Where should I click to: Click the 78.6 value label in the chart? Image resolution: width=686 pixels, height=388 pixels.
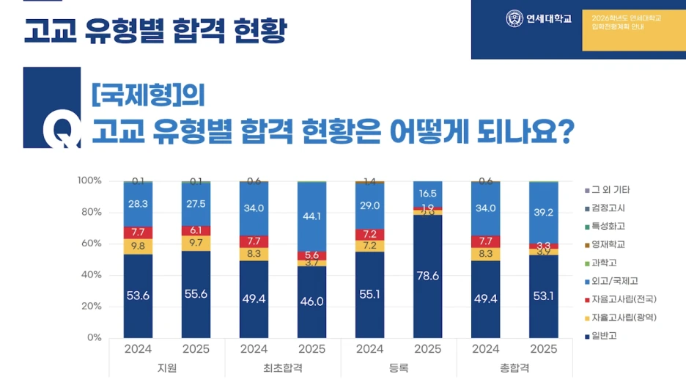point(427,276)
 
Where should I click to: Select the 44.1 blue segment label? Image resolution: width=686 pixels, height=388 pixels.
point(312,216)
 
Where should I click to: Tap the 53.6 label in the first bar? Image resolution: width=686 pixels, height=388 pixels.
point(138,296)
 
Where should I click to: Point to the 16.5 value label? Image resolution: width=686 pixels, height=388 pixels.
point(427,194)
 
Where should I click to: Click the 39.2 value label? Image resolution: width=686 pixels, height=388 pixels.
point(544,212)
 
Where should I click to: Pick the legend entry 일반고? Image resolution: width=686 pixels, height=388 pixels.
point(605,336)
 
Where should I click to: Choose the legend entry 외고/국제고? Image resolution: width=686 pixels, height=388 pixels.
point(613,281)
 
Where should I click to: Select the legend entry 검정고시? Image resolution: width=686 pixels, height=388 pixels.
point(608,208)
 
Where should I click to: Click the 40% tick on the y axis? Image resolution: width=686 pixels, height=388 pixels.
point(91,275)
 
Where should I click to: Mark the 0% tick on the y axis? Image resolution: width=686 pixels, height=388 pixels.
point(93,337)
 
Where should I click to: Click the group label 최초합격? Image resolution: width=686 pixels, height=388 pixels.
point(283,367)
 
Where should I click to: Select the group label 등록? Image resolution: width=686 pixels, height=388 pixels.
point(399,367)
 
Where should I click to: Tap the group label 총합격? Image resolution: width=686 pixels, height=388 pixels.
point(514,367)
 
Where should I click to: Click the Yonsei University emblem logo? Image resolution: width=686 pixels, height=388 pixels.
point(514,19)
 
